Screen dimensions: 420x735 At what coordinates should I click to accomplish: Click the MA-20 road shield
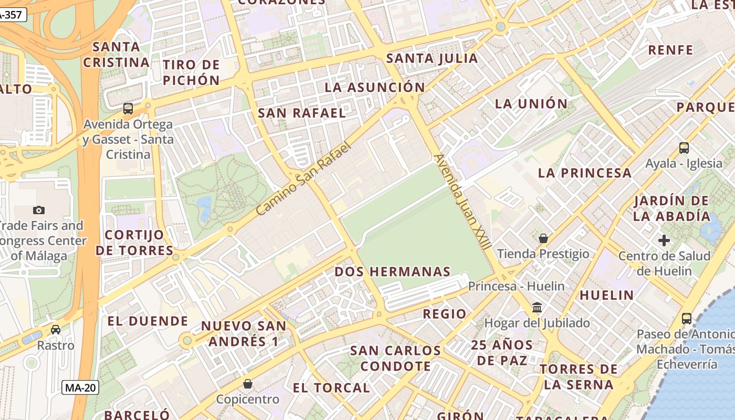coord(80,388)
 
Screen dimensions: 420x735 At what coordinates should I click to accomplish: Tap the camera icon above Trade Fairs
coord(39,210)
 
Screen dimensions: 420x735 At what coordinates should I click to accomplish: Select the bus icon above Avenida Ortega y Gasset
coord(128,109)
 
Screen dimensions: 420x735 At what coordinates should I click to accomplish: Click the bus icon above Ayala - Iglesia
coord(684,148)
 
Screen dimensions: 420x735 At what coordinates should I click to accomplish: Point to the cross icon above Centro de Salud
coord(664,240)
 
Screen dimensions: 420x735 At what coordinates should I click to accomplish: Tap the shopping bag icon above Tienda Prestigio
coord(543,238)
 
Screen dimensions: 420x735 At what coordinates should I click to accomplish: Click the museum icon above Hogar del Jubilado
coord(537,307)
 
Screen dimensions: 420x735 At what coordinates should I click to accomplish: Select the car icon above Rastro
coord(56,330)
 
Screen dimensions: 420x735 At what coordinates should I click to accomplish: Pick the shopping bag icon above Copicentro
coord(248,384)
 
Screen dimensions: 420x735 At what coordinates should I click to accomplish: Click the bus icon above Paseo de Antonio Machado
coord(686,318)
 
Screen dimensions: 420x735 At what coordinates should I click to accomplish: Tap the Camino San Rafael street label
coord(303,179)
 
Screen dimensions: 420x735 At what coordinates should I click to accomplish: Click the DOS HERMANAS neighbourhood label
coord(393,271)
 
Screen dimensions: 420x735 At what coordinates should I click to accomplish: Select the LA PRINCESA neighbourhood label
coord(585,173)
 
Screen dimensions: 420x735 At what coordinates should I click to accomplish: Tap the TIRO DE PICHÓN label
coord(191,72)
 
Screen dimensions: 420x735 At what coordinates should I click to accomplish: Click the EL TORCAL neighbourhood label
coord(331,388)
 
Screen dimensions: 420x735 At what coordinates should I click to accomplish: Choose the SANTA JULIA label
coord(432,58)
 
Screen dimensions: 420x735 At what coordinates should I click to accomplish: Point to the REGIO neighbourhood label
coord(445,314)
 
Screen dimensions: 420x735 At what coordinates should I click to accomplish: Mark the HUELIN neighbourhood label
coord(606,295)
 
